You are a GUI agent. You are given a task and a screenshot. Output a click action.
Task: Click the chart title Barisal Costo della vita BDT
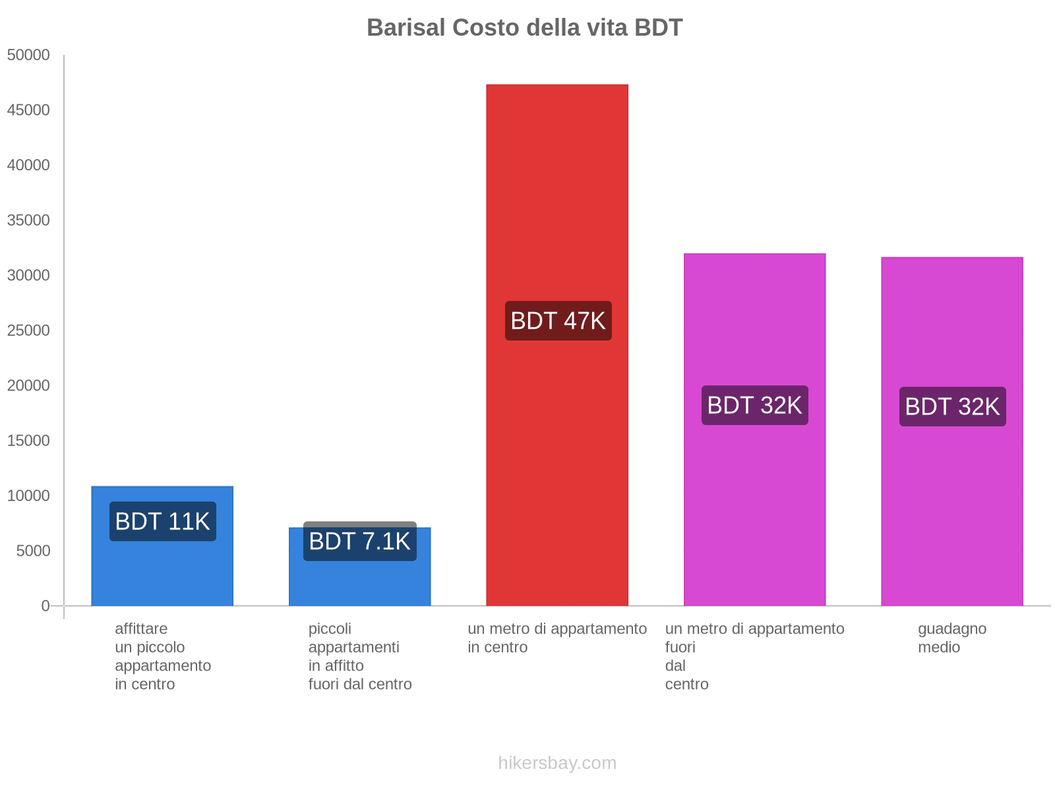(x=524, y=28)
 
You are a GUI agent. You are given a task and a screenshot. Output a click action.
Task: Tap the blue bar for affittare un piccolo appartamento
(x=162, y=568)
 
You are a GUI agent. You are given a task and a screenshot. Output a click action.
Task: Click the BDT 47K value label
(x=558, y=321)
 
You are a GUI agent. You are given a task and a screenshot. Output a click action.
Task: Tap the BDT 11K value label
(x=162, y=521)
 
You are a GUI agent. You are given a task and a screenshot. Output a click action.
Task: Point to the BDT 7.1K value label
(x=359, y=541)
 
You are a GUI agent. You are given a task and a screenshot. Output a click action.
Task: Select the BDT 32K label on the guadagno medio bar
(x=952, y=407)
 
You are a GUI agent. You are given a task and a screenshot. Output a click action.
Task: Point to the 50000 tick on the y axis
(x=28, y=55)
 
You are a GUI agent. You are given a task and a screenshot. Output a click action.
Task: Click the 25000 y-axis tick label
(x=28, y=330)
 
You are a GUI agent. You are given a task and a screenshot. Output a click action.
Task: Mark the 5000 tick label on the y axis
(x=33, y=550)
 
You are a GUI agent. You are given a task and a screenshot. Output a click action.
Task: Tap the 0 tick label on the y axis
(x=45, y=605)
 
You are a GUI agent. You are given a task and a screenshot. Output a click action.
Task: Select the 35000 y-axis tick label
(x=28, y=220)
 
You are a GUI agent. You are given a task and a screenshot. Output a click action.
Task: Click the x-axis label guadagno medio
(x=951, y=638)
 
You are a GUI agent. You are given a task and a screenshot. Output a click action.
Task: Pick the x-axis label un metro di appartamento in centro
(x=557, y=638)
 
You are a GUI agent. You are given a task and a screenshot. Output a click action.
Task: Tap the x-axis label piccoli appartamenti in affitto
(x=359, y=656)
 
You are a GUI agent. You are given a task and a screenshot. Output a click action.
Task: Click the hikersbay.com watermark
(x=557, y=763)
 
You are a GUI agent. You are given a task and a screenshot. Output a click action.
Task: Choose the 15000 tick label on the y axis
(x=28, y=440)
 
